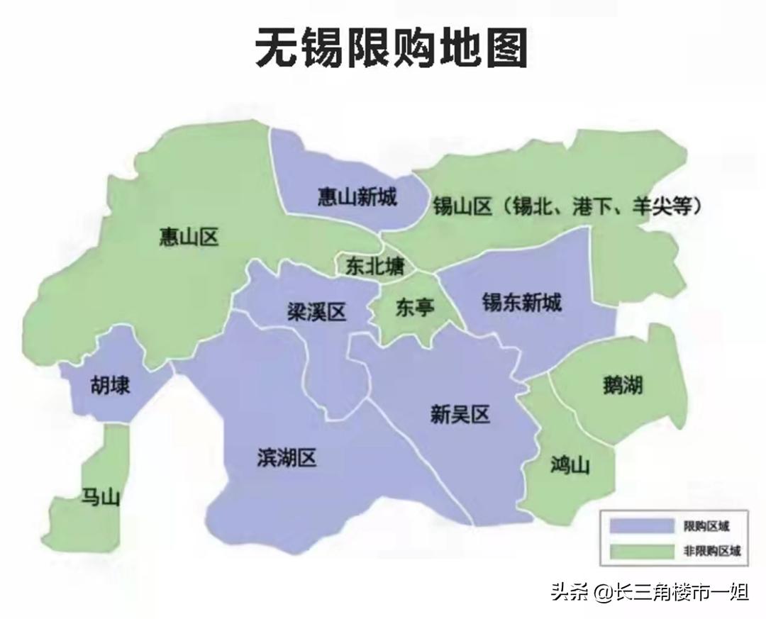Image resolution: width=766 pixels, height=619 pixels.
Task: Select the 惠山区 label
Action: (x=188, y=237)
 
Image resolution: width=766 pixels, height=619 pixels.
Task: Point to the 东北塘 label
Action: (x=375, y=266)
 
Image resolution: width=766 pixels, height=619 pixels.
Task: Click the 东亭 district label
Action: (x=415, y=307)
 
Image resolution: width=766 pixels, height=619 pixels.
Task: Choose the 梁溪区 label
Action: (x=316, y=311)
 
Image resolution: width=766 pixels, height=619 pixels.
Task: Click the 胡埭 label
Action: (x=109, y=386)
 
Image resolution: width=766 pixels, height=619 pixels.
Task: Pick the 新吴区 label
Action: (x=460, y=414)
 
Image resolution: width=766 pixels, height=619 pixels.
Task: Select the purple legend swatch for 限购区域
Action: (x=643, y=526)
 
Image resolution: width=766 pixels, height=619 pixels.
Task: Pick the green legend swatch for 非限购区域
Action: (x=643, y=550)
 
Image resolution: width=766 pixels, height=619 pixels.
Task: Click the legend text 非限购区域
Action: (x=711, y=550)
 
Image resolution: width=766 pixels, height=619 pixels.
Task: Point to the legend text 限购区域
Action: (x=706, y=526)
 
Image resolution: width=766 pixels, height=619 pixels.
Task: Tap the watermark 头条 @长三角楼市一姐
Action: (x=649, y=591)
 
